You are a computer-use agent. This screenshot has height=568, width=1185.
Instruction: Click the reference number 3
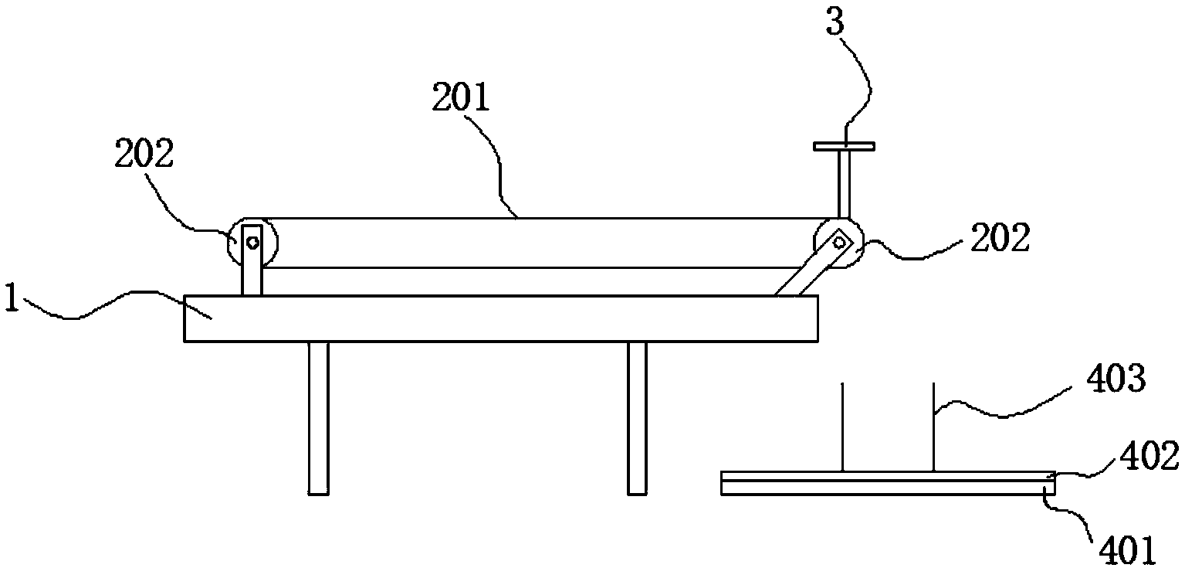click(x=834, y=24)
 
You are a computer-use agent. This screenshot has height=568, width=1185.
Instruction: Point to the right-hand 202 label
click(x=1000, y=239)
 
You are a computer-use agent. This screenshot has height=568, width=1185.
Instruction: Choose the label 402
click(x=1149, y=457)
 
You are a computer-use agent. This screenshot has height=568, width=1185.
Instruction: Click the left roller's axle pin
click(x=252, y=241)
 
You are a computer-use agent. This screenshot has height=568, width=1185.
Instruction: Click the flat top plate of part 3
click(x=843, y=145)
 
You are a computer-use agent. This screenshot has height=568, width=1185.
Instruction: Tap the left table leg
click(x=318, y=417)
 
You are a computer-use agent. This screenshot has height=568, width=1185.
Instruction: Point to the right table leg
click(x=637, y=417)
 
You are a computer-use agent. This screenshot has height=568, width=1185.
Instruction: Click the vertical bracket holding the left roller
click(x=252, y=270)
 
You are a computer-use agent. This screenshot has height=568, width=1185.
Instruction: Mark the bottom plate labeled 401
click(x=888, y=487)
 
